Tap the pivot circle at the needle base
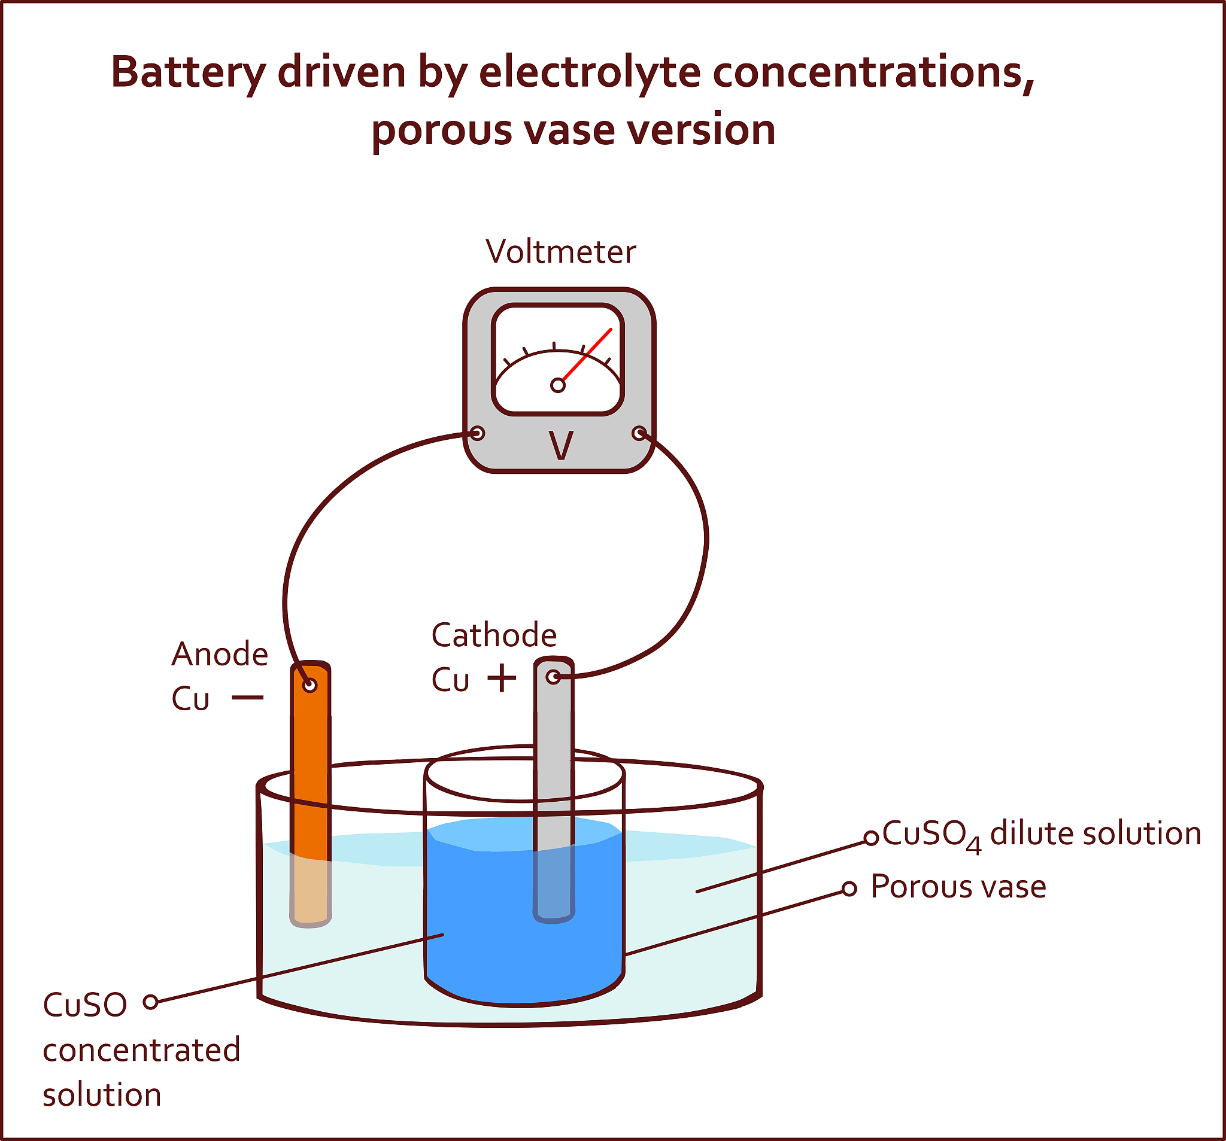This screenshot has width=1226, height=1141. coord(557,385)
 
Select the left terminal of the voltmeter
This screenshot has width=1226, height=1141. coord(477,433)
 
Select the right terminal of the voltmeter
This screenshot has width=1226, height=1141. coord(639,433)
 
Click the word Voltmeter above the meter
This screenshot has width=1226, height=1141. coord(560,252)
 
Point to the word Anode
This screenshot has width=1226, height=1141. coord(220,654)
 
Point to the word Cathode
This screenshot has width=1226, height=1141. coord(493,635)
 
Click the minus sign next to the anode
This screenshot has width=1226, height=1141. coord(248,698)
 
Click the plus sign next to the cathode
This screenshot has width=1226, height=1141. coord(502,678)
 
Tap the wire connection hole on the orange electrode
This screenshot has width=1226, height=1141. coord(309,685)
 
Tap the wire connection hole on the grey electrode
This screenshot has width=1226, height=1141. coord(553,677)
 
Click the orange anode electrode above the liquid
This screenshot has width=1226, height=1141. coord(310,771)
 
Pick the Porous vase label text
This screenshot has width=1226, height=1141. coord(958,887)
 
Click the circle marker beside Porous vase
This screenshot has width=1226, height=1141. coord(849,889)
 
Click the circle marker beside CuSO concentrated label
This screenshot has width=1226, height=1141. coord(150,1002)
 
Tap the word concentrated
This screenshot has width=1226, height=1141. coord(141,1050)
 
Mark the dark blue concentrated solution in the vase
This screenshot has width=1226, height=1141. coord(493,924)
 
